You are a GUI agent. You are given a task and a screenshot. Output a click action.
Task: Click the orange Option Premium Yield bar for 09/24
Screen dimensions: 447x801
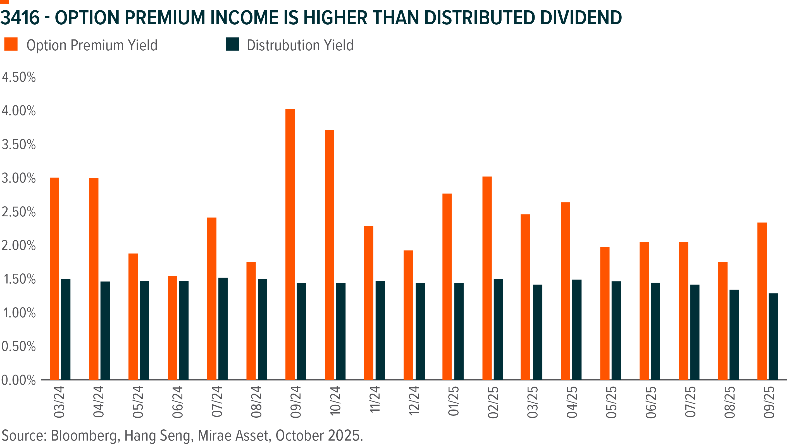290,244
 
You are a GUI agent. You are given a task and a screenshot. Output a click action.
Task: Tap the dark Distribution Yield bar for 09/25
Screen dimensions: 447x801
773,336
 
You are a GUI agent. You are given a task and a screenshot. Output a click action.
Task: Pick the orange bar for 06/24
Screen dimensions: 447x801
173,327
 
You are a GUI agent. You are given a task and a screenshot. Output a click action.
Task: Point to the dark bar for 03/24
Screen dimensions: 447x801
66,329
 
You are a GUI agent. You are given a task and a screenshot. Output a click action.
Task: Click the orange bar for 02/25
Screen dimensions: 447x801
487,278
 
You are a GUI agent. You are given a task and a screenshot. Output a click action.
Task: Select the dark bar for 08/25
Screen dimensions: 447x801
734,334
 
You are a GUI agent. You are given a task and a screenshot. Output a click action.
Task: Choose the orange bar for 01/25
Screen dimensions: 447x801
447,286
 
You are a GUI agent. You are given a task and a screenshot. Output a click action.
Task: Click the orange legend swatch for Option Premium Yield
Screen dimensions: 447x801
11,44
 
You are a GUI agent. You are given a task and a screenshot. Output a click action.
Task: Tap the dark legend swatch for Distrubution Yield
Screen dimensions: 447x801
232,44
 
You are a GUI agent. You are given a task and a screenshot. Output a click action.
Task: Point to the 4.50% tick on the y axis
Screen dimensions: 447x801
19,77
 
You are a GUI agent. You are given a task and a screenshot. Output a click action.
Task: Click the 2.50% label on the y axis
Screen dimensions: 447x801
19,212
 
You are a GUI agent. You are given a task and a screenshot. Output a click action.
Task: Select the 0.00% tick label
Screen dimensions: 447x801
19,380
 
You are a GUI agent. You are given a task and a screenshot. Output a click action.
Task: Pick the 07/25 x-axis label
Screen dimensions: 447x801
690,401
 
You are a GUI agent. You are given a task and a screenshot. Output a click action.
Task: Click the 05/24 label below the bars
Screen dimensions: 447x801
138,401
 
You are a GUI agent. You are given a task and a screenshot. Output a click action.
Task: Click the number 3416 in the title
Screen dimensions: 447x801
20,18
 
